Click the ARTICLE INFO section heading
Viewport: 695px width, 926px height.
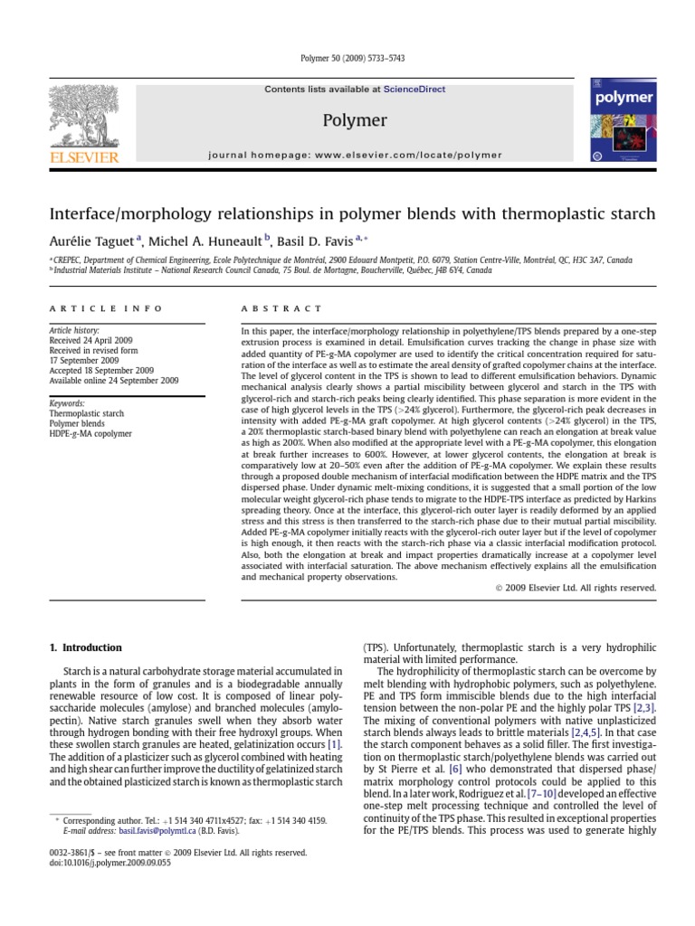tap(105, 308)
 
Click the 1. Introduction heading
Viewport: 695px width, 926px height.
tap(84, 647)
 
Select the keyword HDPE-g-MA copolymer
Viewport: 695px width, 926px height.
tap(90, 434)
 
